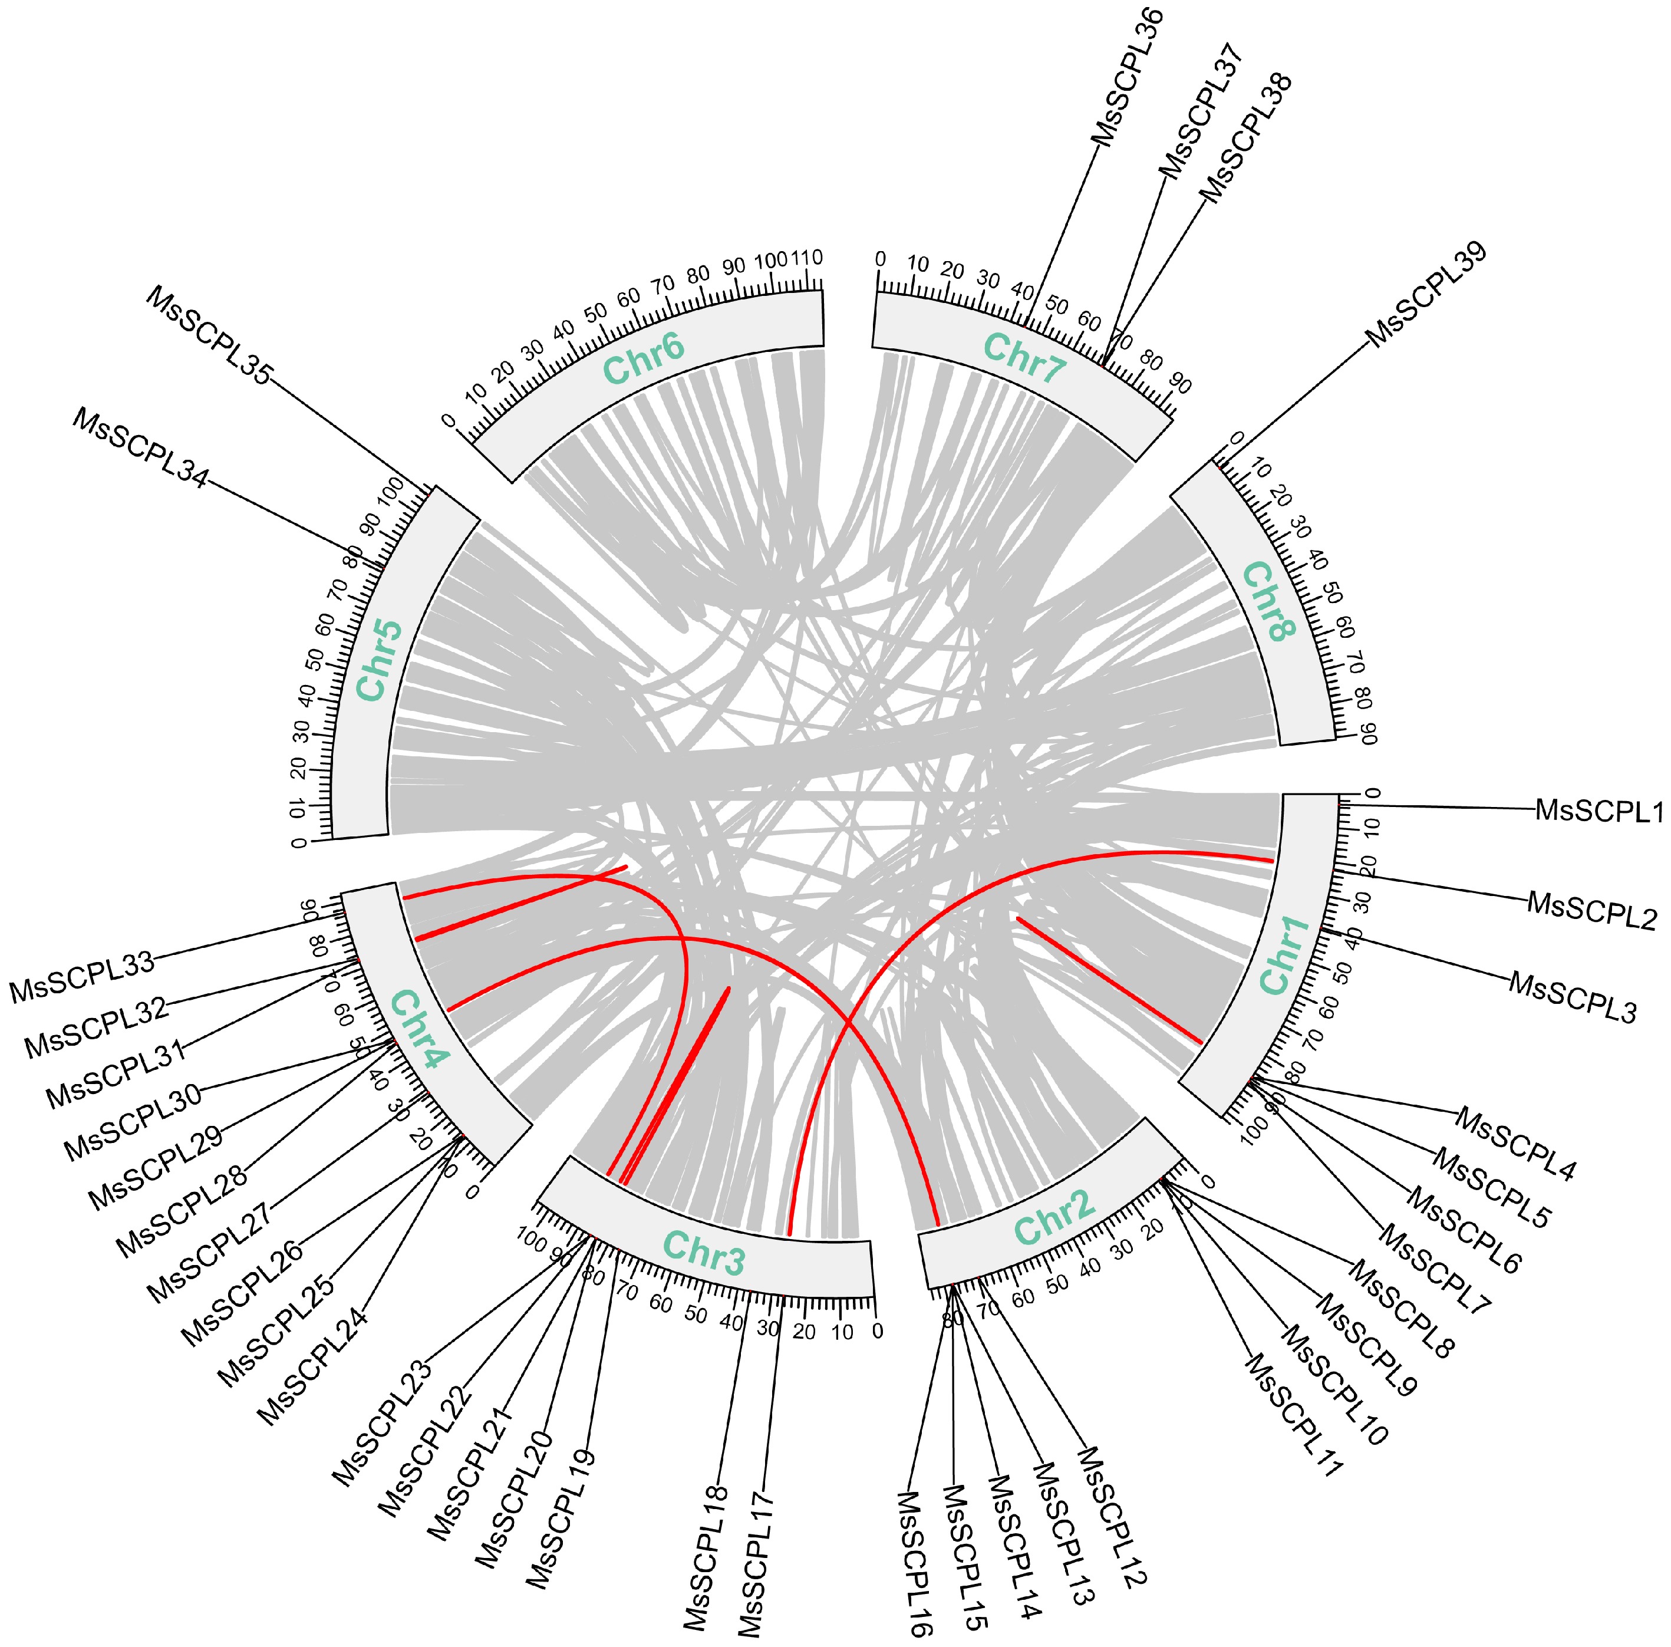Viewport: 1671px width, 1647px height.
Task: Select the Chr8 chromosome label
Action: point(1270,601)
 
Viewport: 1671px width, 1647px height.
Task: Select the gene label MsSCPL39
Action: point(1426,294)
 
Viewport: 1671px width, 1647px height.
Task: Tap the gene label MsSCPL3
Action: point(1573,997)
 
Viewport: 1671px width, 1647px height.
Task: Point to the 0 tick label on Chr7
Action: point(881,259)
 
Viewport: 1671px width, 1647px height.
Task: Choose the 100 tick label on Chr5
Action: point(391,493)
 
